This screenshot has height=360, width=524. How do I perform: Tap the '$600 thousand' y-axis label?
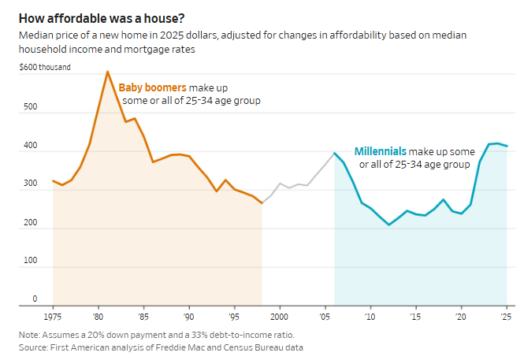[44, 67]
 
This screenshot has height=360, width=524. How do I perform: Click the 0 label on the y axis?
[35, 299]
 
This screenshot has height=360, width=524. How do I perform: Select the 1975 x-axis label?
[53, 316]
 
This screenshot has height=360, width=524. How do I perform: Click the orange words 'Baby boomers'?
[152, 87]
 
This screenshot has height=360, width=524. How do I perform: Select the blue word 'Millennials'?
[381, 150]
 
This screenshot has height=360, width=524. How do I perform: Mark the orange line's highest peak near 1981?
[108, 72]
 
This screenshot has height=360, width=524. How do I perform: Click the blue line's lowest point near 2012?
[389, 225]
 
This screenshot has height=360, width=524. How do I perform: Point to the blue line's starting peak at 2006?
[335, 153]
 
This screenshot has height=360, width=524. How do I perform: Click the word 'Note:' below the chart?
[29, 335]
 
